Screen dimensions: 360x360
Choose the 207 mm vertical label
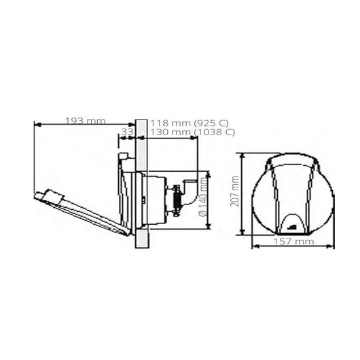[235, 192]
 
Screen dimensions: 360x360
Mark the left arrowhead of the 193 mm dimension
[35, 124]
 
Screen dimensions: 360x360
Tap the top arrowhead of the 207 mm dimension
[242, 155]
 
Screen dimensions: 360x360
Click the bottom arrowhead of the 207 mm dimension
[242, 232]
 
